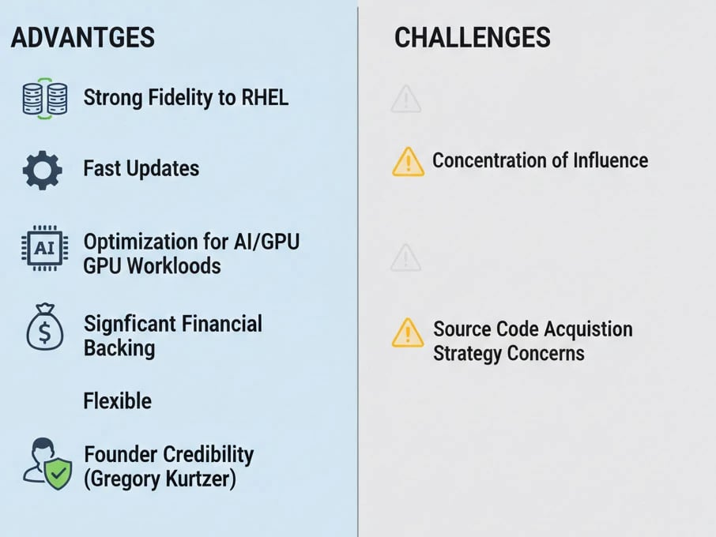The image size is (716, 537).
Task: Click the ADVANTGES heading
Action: [83, 37]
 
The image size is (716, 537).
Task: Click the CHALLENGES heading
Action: [472, 37]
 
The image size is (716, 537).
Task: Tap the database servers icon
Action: [45, 99]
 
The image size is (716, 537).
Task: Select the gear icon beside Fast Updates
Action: [43, 170]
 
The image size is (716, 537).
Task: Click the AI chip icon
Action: [45, 248]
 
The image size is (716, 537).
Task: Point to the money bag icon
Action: [45, 327]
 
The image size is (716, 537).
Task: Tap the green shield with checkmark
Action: [58, 475]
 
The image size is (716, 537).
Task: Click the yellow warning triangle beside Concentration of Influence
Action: [409, 162]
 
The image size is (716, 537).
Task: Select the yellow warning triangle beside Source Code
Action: [408, 332]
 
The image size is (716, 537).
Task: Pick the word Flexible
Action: [117, 401]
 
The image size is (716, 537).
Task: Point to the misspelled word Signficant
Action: [122, 325]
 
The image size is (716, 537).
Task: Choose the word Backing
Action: [119, 348]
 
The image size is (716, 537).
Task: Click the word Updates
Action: [163, 169]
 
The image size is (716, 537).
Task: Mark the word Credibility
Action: [208, 454]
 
